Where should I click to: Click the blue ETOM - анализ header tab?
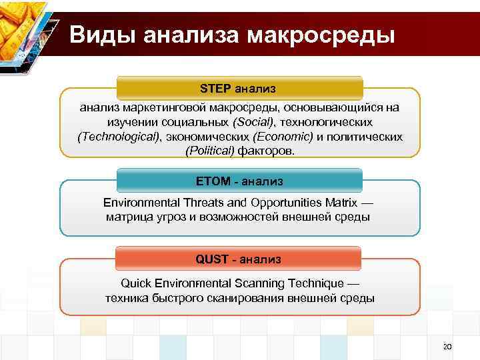point(240,181)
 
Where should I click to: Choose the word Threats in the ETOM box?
point(194,202)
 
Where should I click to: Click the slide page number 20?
point(447,346)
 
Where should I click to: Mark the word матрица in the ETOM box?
point(127,217)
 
